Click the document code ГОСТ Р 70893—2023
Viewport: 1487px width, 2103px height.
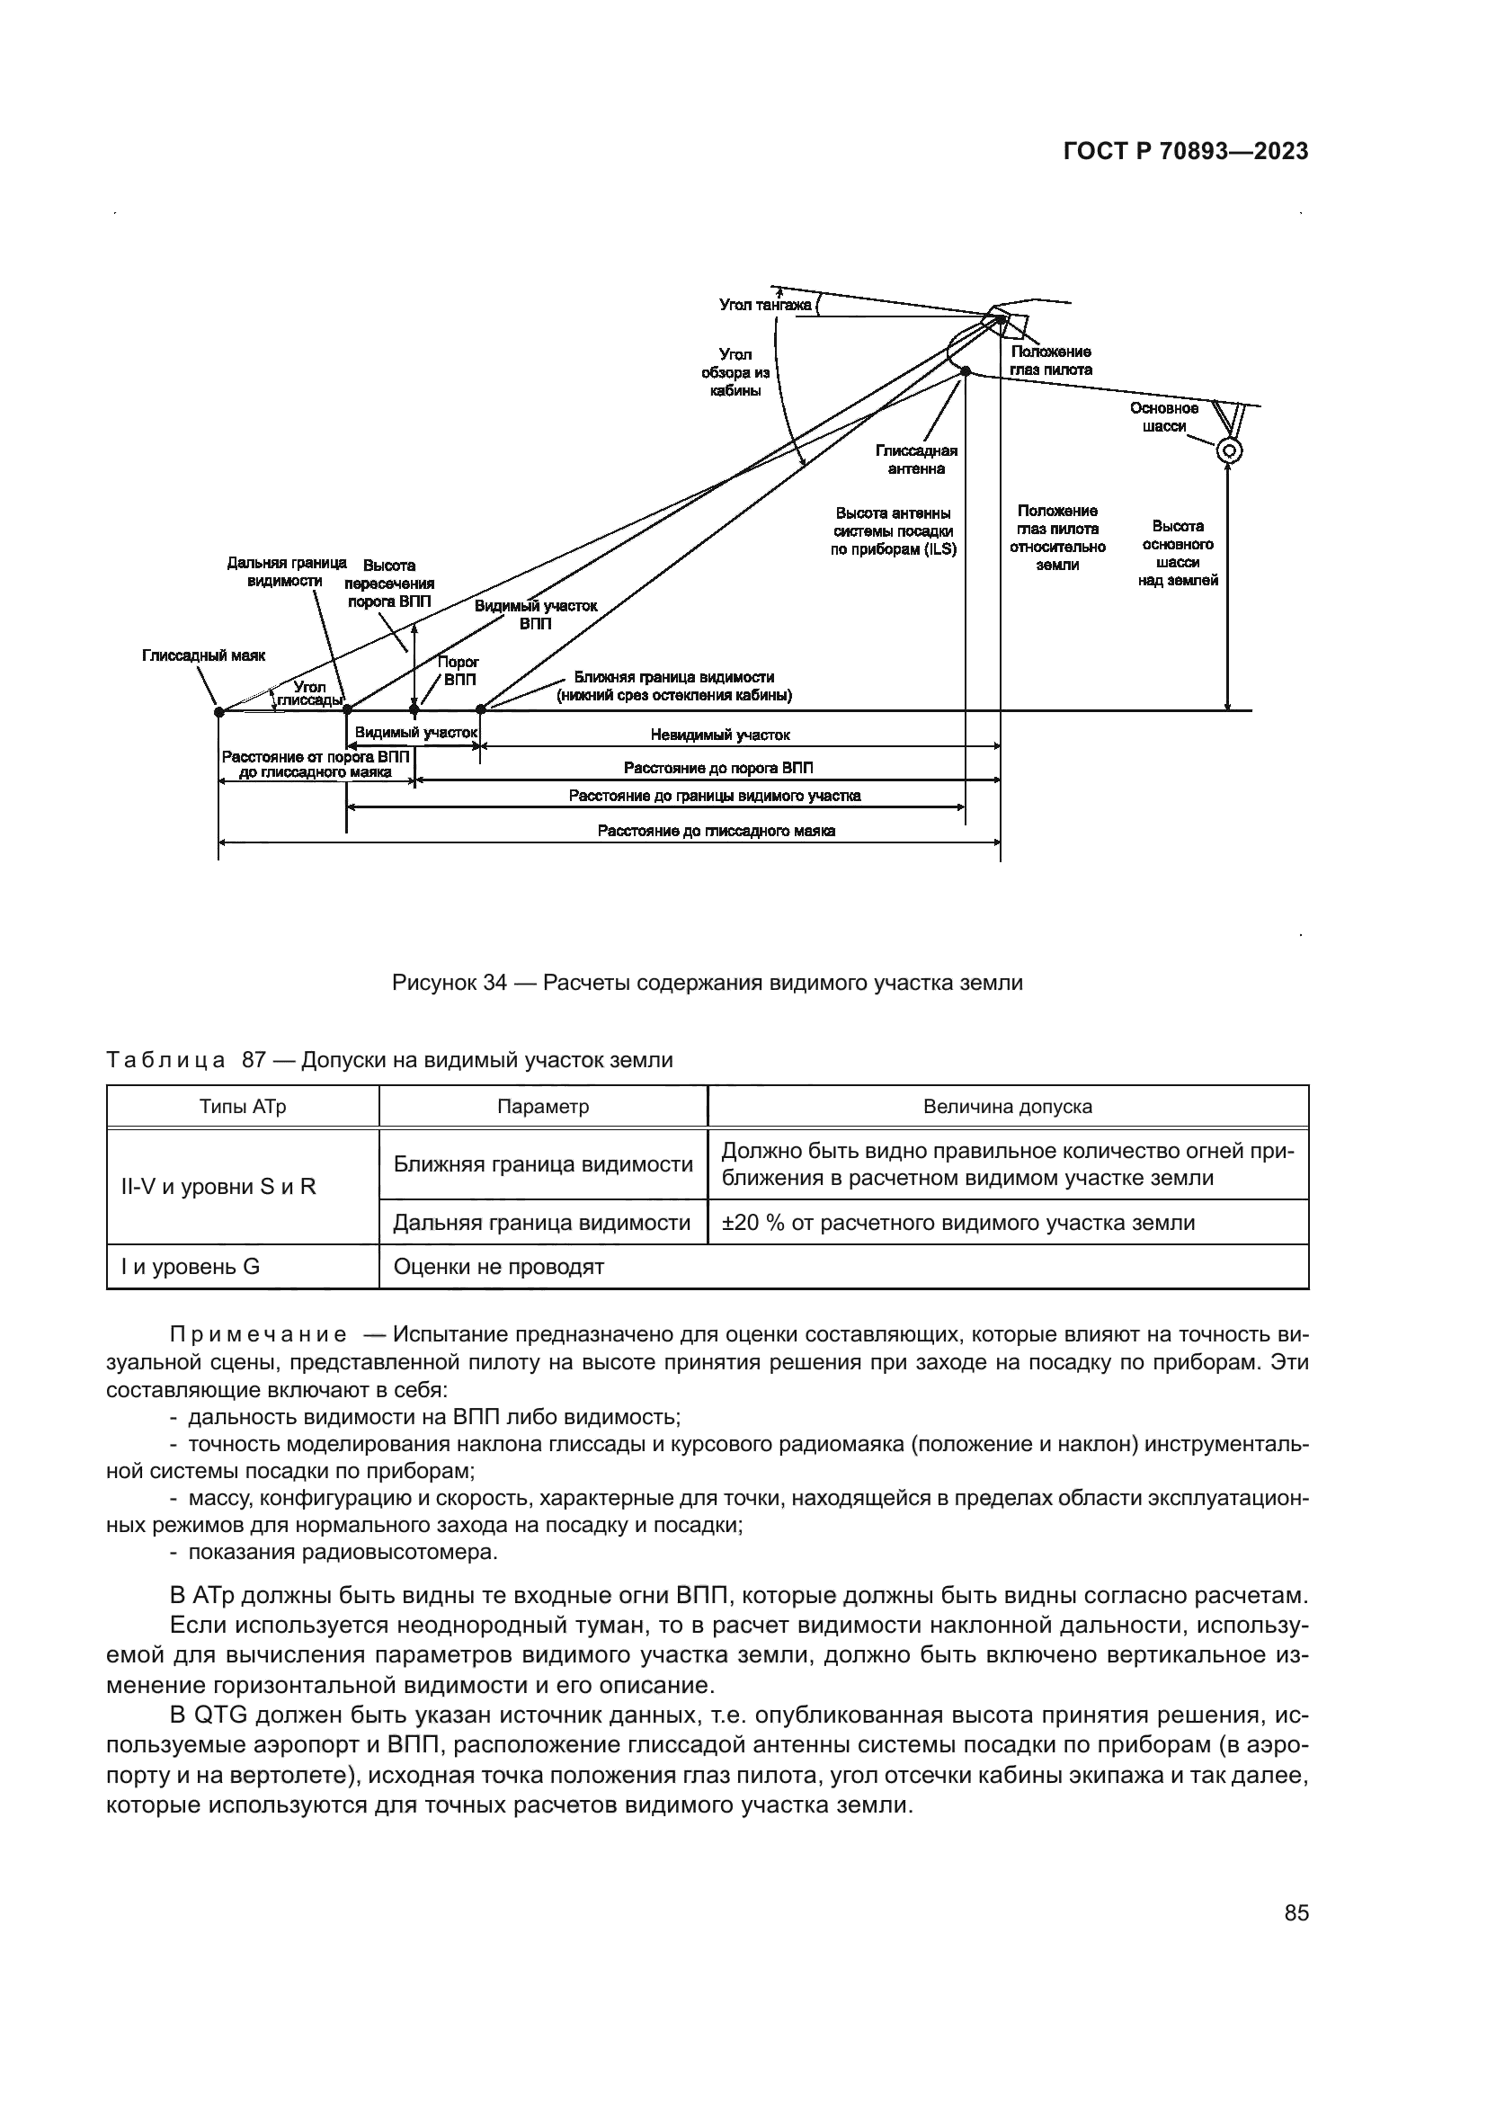click(1186, 152)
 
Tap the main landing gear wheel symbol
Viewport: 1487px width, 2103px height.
click(1229, 450)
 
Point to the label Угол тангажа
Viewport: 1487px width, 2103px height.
click(765, 305)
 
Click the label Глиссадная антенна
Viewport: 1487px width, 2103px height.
click(916, 459)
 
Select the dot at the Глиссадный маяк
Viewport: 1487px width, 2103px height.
click(218, 710)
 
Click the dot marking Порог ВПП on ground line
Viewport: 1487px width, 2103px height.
click(414, 708)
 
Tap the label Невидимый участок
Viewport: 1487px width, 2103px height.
click(720, 735)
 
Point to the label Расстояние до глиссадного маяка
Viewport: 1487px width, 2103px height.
click(716, 831)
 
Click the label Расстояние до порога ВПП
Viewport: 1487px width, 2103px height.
click(717, 768)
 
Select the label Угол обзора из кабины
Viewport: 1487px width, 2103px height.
click(735, 372)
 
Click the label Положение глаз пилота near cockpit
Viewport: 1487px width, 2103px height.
click(1051, 361)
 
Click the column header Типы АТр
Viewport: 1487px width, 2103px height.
click(243, 1107)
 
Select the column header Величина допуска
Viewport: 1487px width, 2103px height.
click(1007, 1107)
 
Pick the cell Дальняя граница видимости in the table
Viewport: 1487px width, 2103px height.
click(542, 1223)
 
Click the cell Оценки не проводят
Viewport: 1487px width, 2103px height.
click(499, 1267)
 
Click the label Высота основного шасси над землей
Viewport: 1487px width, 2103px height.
click(1178, 553)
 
